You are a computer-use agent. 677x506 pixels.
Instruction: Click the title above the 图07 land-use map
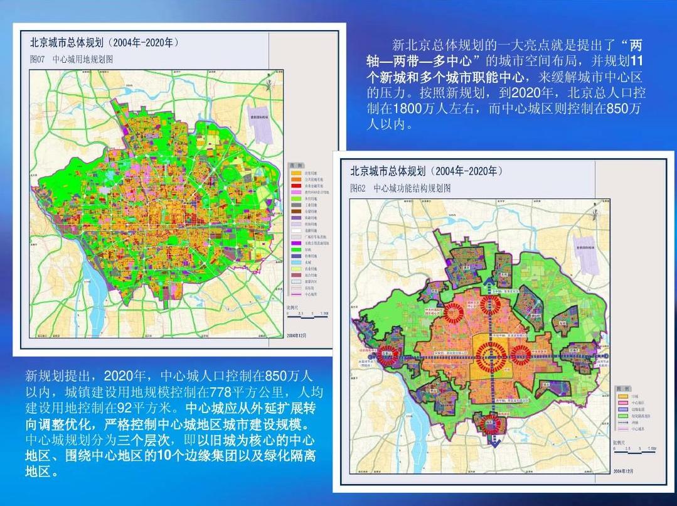(104, 43)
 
